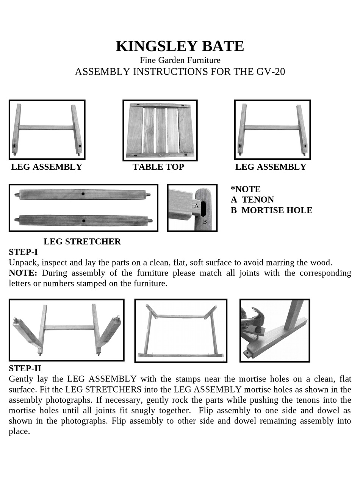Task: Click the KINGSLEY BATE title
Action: pos(180,46)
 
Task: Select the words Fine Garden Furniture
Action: pos(180,60)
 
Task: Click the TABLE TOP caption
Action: pos(158,167)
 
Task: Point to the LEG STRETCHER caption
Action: pos(82,241)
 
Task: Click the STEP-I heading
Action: pos(23,252)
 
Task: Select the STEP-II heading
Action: pos(25,368)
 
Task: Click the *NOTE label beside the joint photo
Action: pos(246,189)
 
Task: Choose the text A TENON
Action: pos(252,200)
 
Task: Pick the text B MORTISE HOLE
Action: pos(271,210)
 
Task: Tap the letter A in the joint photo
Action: pos(196,206)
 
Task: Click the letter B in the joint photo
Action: pos(205,222)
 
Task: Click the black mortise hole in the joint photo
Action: pos(203,208)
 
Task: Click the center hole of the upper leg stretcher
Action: pos(83,194)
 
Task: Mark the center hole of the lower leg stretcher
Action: pos(83,221)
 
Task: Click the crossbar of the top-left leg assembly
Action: pos(46,128)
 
